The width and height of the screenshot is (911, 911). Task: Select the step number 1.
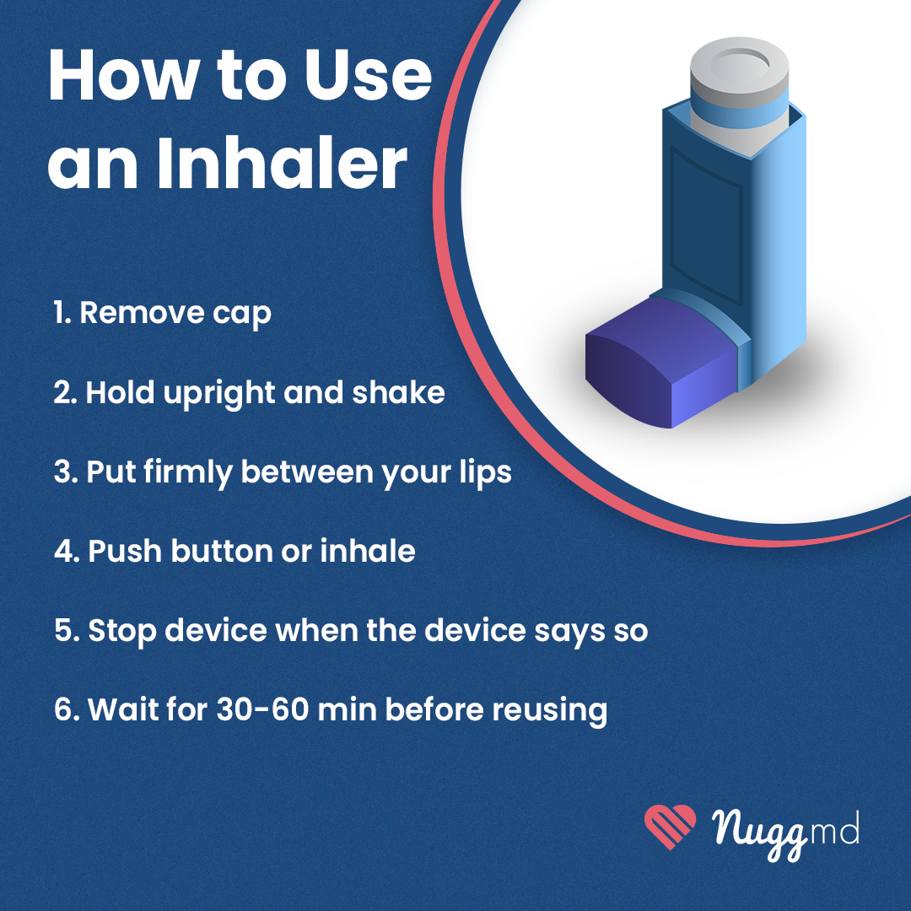62,313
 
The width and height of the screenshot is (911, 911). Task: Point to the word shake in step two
398,392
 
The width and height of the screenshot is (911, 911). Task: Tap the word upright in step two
219,394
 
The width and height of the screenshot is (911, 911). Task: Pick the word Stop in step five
122,632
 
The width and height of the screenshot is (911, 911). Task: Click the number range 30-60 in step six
262,709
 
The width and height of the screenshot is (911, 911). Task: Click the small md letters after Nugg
833,828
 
